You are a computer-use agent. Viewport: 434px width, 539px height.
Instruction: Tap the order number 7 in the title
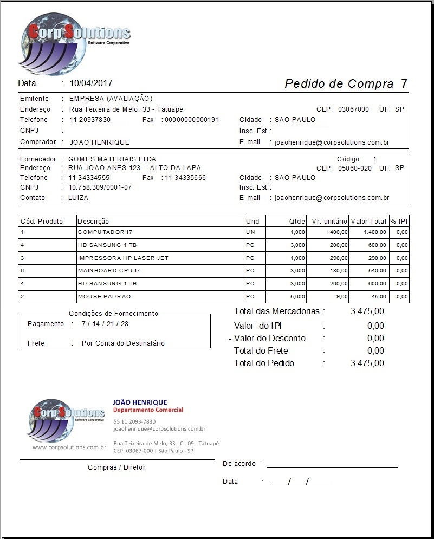(404, 83)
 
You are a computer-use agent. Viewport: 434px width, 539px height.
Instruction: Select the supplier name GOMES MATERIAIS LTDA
(112, 159)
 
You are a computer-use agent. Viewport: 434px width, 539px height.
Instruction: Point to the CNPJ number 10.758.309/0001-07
(100, 187)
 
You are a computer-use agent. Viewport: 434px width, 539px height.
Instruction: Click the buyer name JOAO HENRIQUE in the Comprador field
(100, 142)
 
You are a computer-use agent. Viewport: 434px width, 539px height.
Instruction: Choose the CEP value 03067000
(353, 109)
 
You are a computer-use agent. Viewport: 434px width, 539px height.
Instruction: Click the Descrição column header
(93, 222)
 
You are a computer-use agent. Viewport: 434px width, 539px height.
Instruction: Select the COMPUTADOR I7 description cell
(105, 232)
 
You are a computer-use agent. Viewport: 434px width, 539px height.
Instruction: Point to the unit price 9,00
(341, 297)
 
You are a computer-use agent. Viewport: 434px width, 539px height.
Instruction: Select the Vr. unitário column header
(327, 222)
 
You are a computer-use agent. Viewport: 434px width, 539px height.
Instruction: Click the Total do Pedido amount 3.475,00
(367, 363)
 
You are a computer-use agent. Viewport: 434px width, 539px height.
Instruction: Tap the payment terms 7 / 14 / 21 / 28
(105, 324)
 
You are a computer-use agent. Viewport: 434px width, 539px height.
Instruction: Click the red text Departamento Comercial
(147, 410)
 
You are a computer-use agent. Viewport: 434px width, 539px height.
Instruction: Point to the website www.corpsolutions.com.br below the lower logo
(69, 447)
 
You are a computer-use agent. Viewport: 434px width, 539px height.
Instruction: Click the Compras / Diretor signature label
(116, 467)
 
